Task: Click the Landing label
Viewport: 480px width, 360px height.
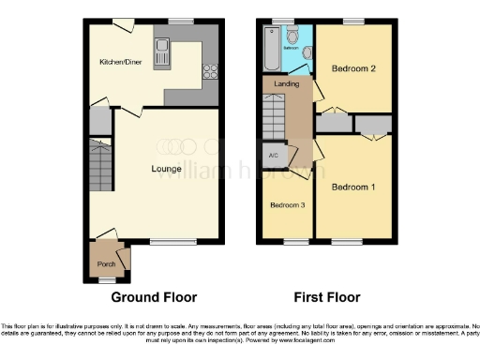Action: point(286,83)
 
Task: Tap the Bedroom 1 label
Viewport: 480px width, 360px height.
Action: point(353,187)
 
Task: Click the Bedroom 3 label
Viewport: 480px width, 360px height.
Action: point(287,205)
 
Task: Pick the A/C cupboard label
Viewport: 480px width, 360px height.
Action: point(274,156)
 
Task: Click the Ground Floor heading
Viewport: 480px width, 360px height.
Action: point(155,297)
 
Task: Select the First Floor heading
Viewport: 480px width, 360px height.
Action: point(327,297)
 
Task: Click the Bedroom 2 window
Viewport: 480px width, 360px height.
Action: point(353,21)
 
